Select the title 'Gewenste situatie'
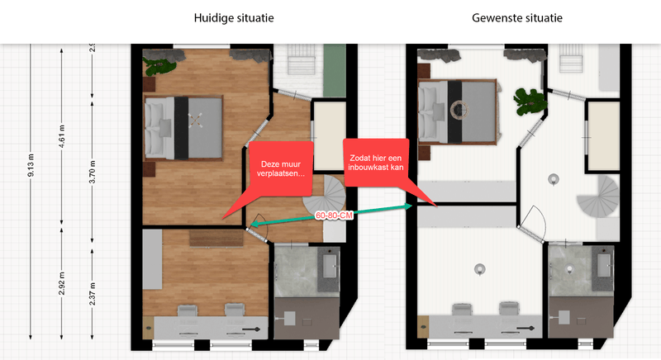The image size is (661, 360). pyautogui.click(x=517, y=17)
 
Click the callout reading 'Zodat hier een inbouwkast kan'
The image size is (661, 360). pyautogui.click(x=376, y=162)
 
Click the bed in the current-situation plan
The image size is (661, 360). pyautogui.click(x=184, y=126)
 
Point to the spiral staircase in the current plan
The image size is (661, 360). pyautogui.click(x=322, y=203)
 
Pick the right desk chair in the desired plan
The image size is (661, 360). pyautogui.click(x=506, y=310)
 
